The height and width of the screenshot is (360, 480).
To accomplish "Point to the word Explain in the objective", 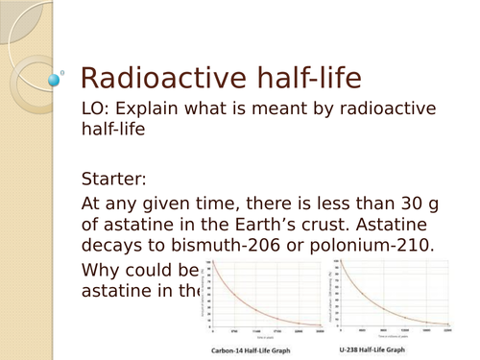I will pos(156,112).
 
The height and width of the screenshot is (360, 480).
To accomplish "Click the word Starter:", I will pos(116,179).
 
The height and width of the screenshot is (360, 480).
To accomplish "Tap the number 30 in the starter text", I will pos(391,204).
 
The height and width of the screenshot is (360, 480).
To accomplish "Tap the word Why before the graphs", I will pos(105,270).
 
